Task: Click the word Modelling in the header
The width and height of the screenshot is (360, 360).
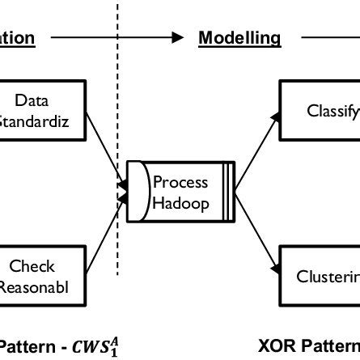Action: coord(239,37)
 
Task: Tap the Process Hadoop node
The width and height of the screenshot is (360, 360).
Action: coord(180,192)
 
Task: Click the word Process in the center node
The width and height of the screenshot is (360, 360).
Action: coord(180,182)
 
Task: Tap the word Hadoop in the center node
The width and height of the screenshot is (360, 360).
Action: coord(180,202)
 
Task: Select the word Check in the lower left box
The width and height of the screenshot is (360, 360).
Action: coord(32,265)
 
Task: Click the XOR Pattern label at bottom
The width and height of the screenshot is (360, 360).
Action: coord(308,346)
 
